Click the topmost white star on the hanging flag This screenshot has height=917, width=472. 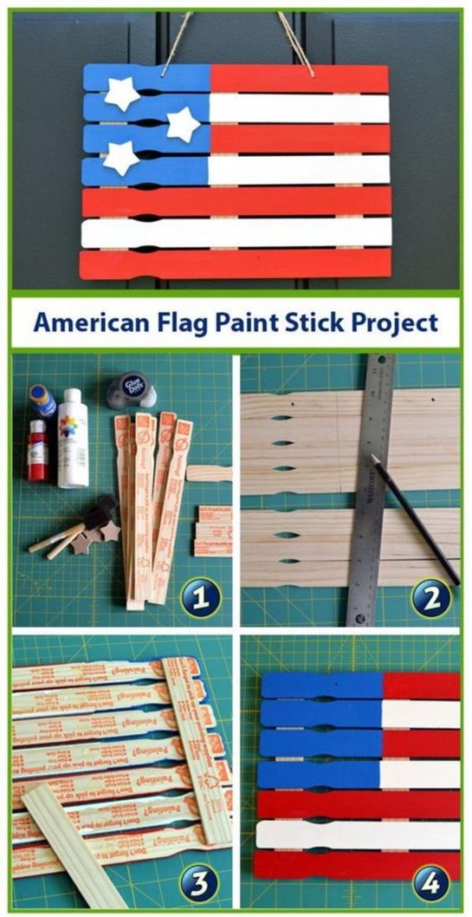pos(122,92)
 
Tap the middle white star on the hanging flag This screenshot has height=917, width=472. pos(184,124)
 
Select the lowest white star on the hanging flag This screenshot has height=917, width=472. pos(120,158)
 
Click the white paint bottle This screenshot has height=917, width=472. pos(73,439)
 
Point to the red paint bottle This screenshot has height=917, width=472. pos(38,450)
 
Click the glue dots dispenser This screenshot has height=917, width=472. pos(127,390)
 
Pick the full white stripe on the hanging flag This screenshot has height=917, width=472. pos(237,233)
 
